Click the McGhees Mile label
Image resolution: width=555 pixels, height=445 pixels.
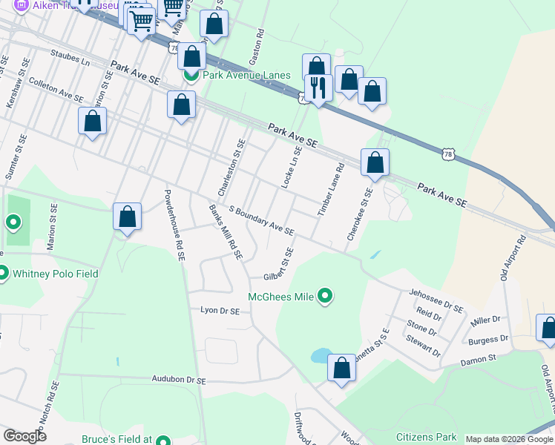(280, 297)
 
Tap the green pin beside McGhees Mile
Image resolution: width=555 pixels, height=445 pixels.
(324, 297)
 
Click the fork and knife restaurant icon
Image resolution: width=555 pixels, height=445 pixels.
(318, 88)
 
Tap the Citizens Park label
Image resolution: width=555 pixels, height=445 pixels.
(426, 437)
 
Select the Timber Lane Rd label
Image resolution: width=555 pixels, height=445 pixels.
(332, 190)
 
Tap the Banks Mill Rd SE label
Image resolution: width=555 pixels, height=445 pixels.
(226, 231)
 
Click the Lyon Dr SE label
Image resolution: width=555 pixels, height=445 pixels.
(219, 311)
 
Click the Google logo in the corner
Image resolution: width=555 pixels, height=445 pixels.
(24, 436)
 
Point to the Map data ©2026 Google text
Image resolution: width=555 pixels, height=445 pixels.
(508, 439)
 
